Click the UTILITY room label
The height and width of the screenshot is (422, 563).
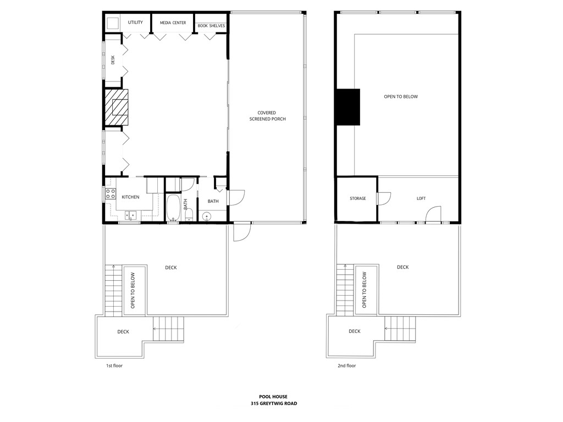pyautogui.click(x=135, y=23)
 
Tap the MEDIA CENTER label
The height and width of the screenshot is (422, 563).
pyautogui.click(x=173, y=23)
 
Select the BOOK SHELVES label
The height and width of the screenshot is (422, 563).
pyautogui.click(x=211, y=26)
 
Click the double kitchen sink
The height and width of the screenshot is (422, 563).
pyautogui.click(x=131, y=215)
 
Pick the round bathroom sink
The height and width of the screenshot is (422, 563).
pyautogui.click(x=207, y=216)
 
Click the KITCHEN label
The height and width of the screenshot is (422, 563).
pyautogui.click(x=130, y=197)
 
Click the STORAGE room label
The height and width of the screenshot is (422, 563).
pyautogui.click(x=357, y=198)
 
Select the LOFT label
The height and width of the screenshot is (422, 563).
pyautogui.click(x=421, y=198)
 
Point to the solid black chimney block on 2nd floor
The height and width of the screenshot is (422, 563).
pyautogui.click(x=348, y=107)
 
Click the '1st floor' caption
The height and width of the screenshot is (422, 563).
pyautogui.click(x=114, y=365)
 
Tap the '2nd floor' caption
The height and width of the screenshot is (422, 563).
pyautogui.click(x=346, y=365)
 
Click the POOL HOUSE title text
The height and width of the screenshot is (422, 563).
pyautogui.click(x=273, y=396)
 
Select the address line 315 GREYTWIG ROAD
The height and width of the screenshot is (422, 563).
pyautogui.click(x=273, y=403)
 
